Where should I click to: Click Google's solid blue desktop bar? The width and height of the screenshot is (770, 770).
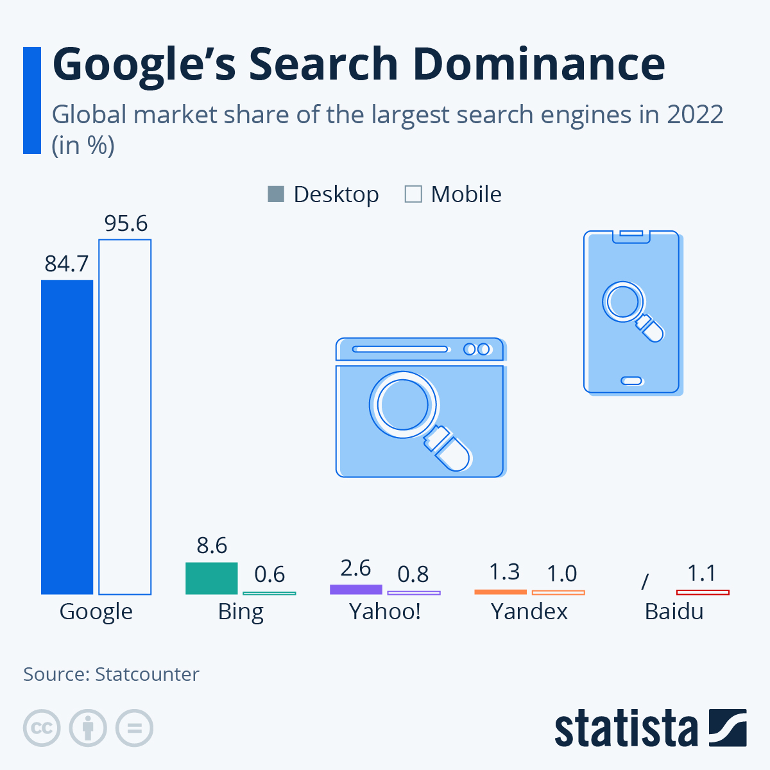click(x=67, y=436)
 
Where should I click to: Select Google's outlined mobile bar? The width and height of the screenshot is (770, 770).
click(x=124, y=417)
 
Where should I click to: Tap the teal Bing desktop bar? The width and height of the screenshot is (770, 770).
click(x=211, y=578)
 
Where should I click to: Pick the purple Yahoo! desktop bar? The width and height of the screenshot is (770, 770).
click(x=355, y=589)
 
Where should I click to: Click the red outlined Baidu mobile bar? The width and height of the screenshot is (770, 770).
click(x=703, y=592)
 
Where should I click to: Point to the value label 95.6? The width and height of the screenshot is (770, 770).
click(x=126, y=223)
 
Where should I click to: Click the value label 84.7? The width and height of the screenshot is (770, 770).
click(x=67, y=264)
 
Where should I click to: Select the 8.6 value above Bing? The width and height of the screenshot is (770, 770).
click(x=212, y=545)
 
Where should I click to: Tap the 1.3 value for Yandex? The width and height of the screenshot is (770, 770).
click(x=504, y=571)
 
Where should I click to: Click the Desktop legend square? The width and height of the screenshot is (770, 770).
click(x=275, y=194)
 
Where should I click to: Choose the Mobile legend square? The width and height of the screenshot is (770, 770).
click(x=413, y=194)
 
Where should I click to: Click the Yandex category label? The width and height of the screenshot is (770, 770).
click(x=529, y=612)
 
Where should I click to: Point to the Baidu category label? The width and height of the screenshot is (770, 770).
click(x=674, y=612)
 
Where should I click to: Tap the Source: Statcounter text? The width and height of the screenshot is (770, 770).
click(x=111, y=674)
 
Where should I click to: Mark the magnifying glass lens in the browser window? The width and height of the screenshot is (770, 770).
click(x=402, y=405)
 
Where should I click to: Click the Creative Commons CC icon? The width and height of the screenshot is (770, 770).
click(x=42, y=728)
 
